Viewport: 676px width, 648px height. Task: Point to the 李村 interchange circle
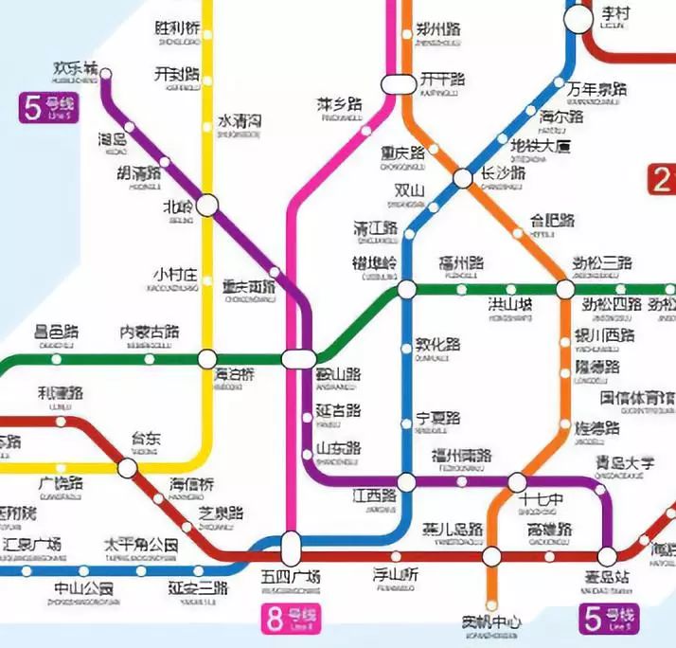(578, 19)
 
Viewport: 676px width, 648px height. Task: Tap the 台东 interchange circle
(127, 468)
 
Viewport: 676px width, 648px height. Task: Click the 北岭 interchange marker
(207, 204)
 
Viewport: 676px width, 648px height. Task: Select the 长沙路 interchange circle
(462, 178)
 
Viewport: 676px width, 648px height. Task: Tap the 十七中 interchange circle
(517, 482)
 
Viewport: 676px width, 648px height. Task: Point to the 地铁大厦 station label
(541, 148)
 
